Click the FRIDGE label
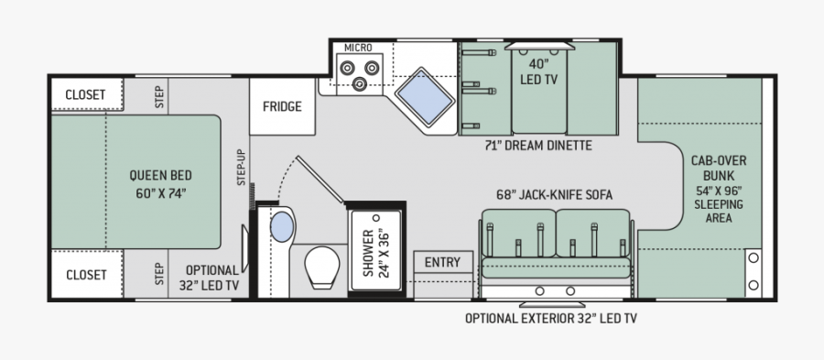[x=282, y=106]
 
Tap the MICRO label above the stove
[x=358, y=48]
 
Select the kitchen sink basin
[x=425, y=96]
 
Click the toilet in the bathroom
[x=322, y=267]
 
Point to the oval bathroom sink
[x=282, y=227]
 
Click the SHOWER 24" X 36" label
[x=375, y=254]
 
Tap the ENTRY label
[x=442, y=262]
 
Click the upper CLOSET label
[x=86, y=95]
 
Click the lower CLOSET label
[x=86, y=275]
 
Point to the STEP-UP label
[x=241, y=167]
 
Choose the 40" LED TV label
[x=538, y=73]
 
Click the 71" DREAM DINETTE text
[x=538, y=146]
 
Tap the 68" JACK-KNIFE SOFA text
[x=555, y=195]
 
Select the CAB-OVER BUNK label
[x=719, y=169]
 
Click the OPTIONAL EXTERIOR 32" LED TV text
[x=551, y=319]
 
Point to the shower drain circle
[x=375, y=218]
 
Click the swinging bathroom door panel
[x=320, y=180]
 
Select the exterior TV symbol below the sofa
[x=552, y=305]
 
